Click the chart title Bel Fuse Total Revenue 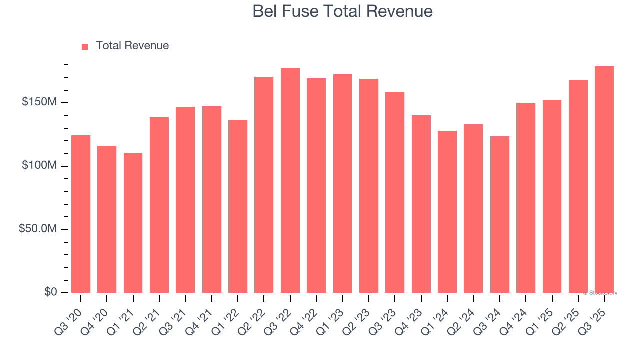[x=342, y=11]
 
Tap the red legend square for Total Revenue [x=85, y=46]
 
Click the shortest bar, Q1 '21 [x=133, y=223]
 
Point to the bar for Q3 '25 [x=604, y=179]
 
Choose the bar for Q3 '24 [x=499, y=214]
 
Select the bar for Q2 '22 [x=264, y=184]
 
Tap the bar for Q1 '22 [x=238, y=206]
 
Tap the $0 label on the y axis [x=50, y=292]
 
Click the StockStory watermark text [x=600, y=293]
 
